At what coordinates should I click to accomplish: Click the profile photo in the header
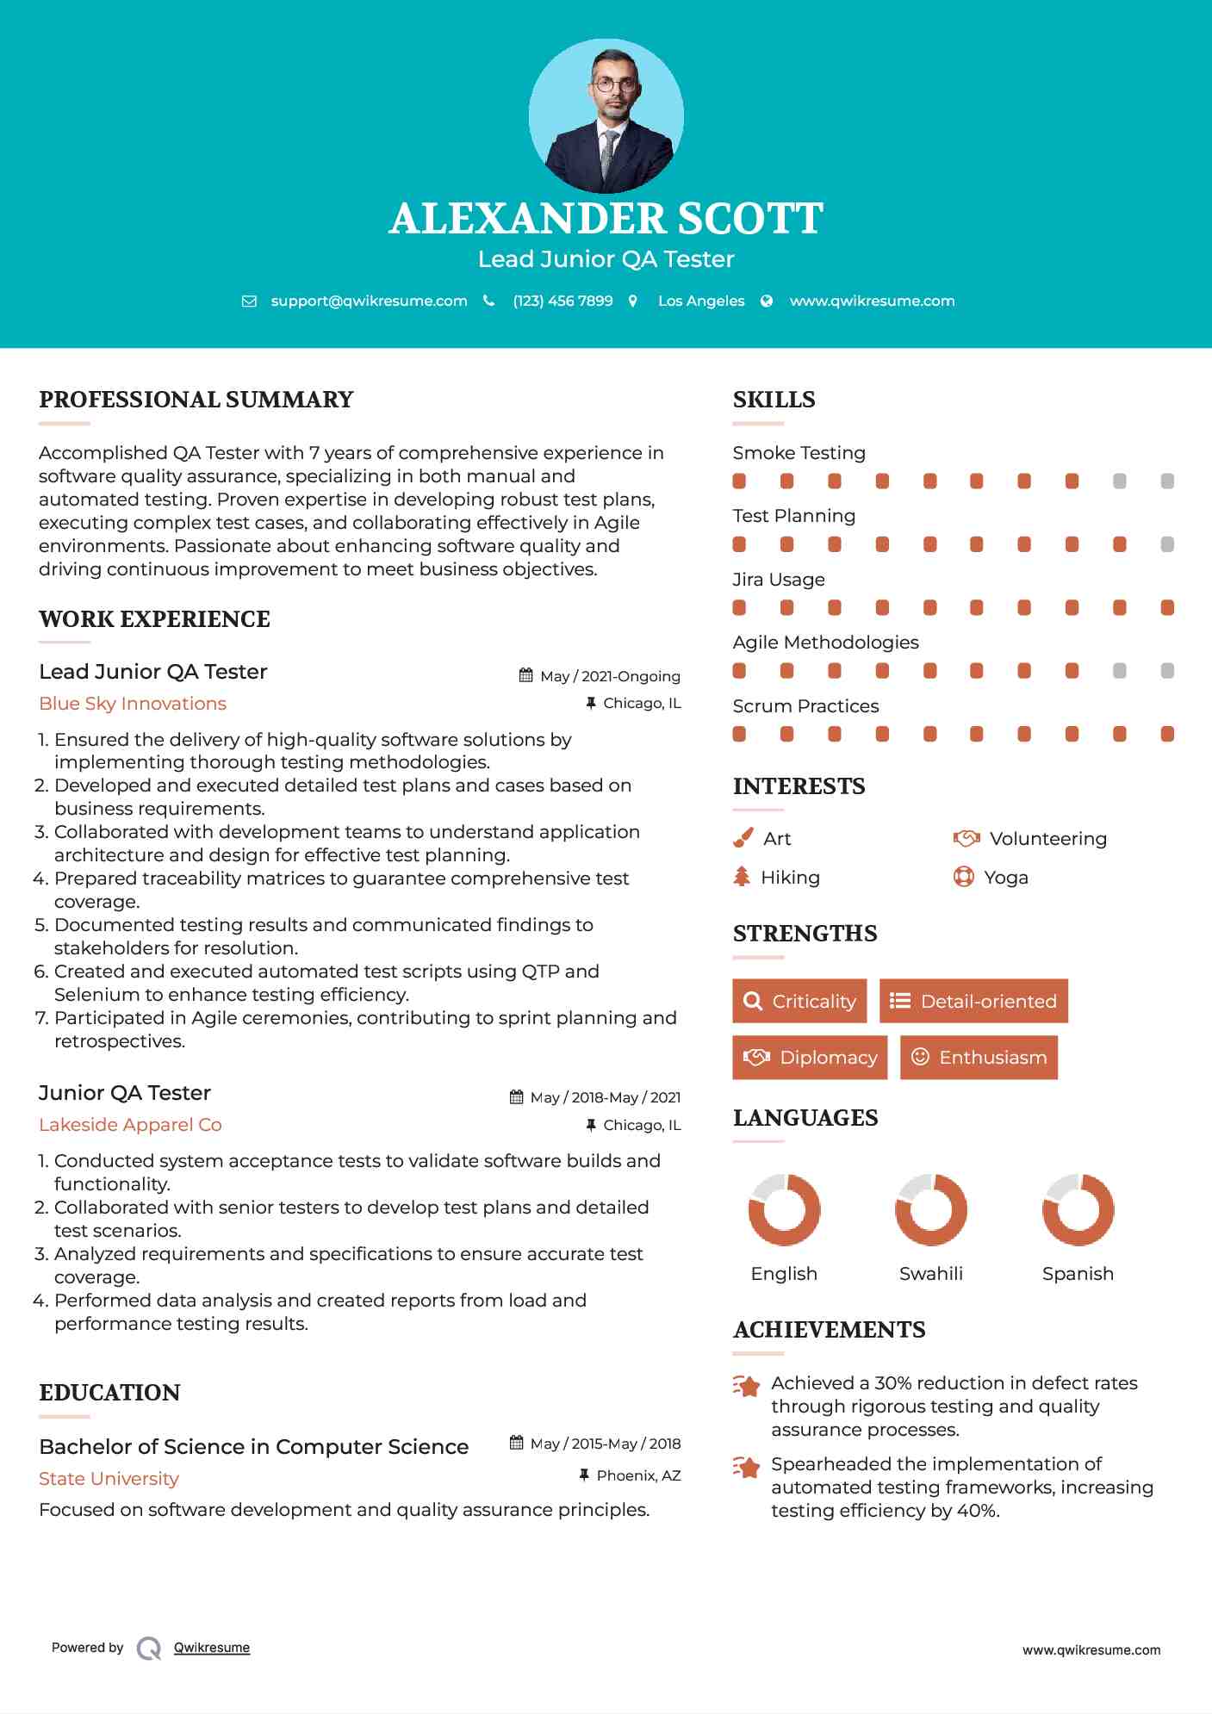pyautogui.click(x=606, y=115)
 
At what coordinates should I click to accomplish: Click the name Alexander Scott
pyautogui.click(x=606, y=219)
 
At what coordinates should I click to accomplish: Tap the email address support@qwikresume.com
pyautogui.click(x=369, y=301)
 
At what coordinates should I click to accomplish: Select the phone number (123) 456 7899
pyautogui.click(x=562, y=301)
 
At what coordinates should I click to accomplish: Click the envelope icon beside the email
pyautogui.click(x=249, y=301)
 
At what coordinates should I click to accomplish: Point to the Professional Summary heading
pyautogui.click(x=196, y=400)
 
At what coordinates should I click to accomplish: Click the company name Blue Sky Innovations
pyautogui.click(x=133, y=704)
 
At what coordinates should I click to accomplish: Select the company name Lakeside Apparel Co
pyautogui.click(x=130, y=1125)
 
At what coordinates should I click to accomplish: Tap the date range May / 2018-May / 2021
pyautogui.click(x=605, y=1097)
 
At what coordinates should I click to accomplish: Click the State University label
pyautogui.click(x=109, y=1479)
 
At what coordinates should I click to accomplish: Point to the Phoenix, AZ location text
pyautogui.click(x=638, y=1475)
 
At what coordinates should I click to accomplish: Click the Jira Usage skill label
pyautogui.click(x=779, y=580)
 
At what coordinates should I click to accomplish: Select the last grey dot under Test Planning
pyautogui.click(x=1167, y=544)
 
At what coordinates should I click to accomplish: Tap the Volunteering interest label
pyautogui.click(x=1047, y=839)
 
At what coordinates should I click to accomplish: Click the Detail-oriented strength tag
pyautogui.click(x=973, y=1001)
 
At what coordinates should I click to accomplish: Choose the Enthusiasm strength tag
pyautogui.click(x=979, y=1057)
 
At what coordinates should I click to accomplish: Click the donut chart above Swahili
pyautogui.click(x=931, y=1209)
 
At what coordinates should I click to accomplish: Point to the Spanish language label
pyautogui.click(x=1078, y=1274)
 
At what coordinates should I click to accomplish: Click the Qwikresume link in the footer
pyautogui.click(x=212, y=1648)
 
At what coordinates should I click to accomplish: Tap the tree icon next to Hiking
pyautogui.click(x=742, y=877)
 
